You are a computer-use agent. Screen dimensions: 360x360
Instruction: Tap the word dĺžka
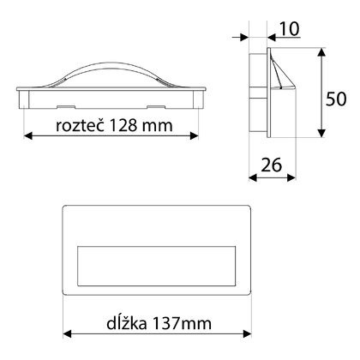[x=105, y=324]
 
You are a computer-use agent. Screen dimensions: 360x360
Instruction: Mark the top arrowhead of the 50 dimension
[x=321, y=53]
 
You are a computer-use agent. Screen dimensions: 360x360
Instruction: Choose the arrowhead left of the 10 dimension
[x=243, y=37]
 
